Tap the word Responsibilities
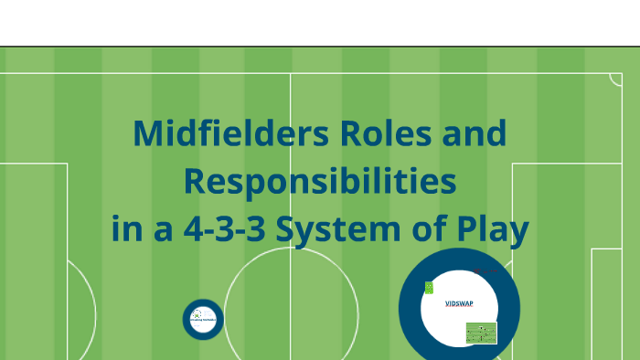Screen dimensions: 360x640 coord(319,182)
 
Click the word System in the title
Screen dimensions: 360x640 coord(328,229)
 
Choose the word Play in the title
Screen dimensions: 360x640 coord(493,229)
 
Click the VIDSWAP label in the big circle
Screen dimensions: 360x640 coord(459,303)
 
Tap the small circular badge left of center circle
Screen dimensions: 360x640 coord(202,319)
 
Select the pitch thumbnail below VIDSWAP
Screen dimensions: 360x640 coord(481,333)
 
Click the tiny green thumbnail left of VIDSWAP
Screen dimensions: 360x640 coord(429,288)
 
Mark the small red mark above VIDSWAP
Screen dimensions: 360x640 coord(475,270)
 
